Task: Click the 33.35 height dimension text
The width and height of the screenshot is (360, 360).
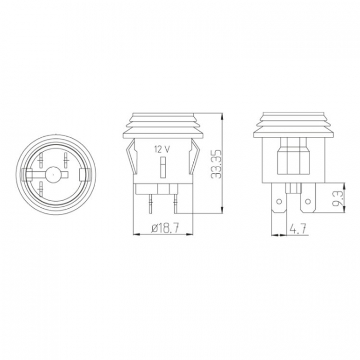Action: pos(216,164)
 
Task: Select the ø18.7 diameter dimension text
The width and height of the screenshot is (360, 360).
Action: pos(165,229)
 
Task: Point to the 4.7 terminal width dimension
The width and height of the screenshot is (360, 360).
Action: pos(298,229)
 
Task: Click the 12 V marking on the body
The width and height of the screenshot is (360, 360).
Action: pos(163,150)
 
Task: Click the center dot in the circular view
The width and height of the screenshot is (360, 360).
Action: pos(53,174)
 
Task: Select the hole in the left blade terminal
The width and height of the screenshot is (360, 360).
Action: pos(279,202)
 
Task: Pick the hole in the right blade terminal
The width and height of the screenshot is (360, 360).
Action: pos(308,202)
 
